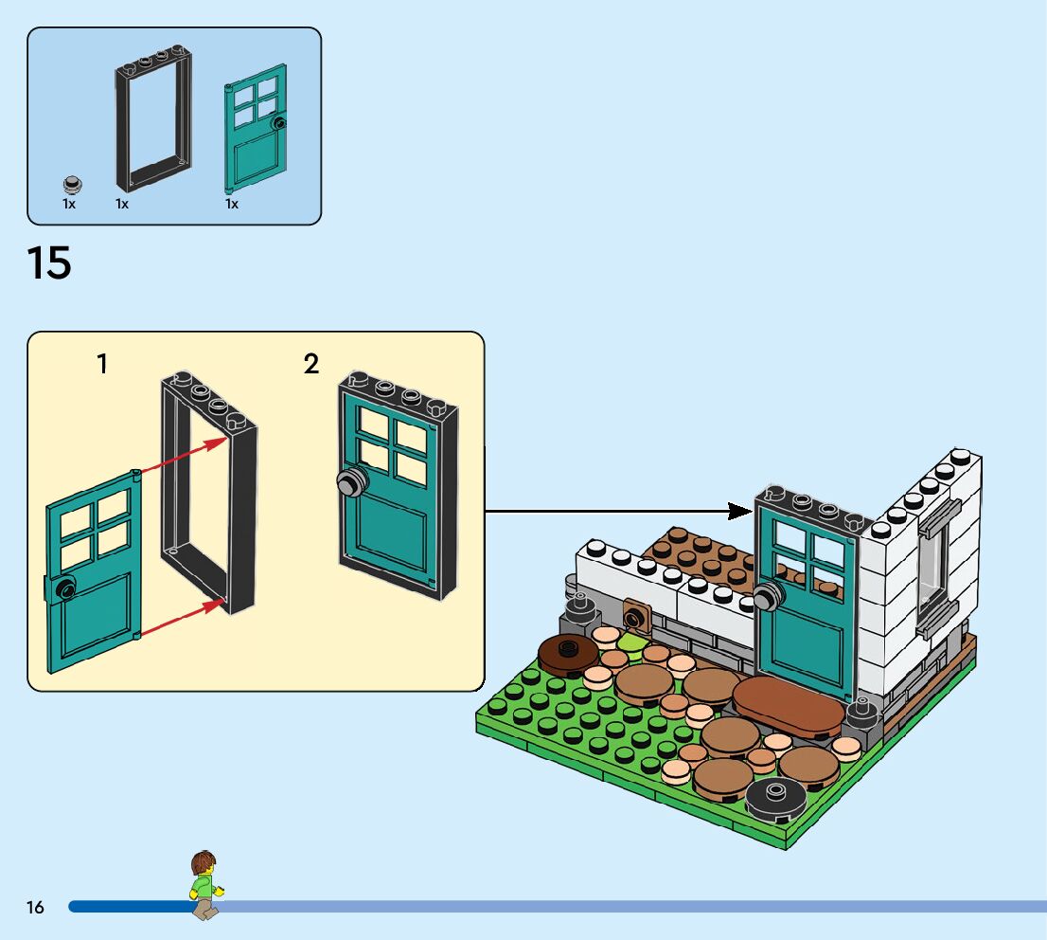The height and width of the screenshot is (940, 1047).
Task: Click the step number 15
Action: tap(49, 262)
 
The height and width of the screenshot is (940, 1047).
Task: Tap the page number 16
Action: tap(35, 908)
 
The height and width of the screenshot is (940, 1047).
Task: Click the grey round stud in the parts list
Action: tap(71, 183)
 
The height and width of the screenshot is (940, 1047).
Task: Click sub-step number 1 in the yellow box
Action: tap(102, 364)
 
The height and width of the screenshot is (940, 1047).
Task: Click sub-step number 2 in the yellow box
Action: tap(311, 364)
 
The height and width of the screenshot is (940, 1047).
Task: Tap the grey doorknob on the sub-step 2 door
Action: tap(350, 482)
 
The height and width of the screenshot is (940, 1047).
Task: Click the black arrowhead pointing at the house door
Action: tap(741, 512)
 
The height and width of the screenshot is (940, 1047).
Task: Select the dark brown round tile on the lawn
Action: tap(568, 652)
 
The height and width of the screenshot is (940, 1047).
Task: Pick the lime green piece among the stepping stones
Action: tap(631, 643)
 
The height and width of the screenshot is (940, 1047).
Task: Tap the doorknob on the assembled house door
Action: tap(768, 598)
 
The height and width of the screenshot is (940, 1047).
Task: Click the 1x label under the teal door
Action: tap(232, 204)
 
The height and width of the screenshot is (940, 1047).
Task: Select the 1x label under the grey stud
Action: tap(69, 204)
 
